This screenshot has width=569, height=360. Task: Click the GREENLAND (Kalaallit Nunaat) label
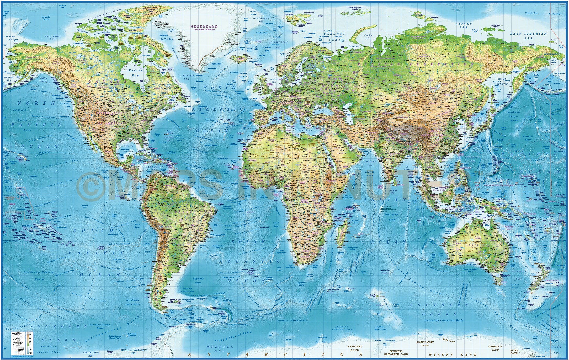pos(204,28)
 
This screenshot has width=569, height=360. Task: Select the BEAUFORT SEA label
pos(53,38)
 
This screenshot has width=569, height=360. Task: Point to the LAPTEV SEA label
pos(464,25)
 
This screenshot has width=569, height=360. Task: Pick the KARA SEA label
pos(368,37)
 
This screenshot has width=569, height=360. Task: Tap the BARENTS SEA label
pos(334,36)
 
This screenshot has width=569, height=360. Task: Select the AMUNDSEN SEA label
pos(91,354)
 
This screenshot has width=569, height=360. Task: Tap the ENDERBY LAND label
pos(355,348)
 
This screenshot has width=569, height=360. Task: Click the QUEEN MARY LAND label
pos(425,343)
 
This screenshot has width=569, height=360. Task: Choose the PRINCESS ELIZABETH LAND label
pos(396,352)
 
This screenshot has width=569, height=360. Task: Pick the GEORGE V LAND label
pos(495,348)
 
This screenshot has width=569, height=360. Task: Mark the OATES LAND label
pos(514,352)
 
